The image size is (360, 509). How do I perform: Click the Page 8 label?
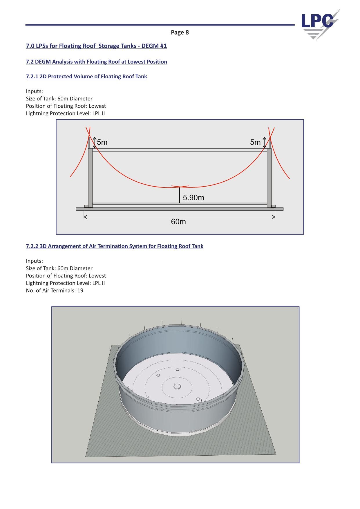click(180, 32)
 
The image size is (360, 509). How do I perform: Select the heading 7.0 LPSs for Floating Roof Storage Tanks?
click(96, 46)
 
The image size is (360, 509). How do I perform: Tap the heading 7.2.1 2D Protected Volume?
click(86, 77)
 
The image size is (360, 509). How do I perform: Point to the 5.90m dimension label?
click(193, 198)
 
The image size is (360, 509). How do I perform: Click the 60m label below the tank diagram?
click(178, 222)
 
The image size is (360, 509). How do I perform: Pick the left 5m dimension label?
click(102, 142)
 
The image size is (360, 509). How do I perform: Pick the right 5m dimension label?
click(255, 142)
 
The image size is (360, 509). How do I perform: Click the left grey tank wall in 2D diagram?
click(90, 178)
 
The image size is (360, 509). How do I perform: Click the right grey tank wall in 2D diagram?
click(269, 178)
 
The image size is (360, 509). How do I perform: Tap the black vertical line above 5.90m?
click(180, 195)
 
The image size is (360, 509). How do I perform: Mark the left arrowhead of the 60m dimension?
click(85, 216)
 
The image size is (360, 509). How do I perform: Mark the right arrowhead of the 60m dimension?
click(274, 216)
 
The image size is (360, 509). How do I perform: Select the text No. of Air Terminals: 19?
click(55, 290)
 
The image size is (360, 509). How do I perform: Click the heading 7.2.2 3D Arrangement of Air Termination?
click(115, 246)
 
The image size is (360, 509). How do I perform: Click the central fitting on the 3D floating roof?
click(177, 386)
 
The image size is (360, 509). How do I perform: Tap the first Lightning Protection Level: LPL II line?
click(65, 113)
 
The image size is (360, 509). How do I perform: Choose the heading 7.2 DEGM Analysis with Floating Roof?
click(96, 62)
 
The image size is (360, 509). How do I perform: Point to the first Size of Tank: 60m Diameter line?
click(59, 99)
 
